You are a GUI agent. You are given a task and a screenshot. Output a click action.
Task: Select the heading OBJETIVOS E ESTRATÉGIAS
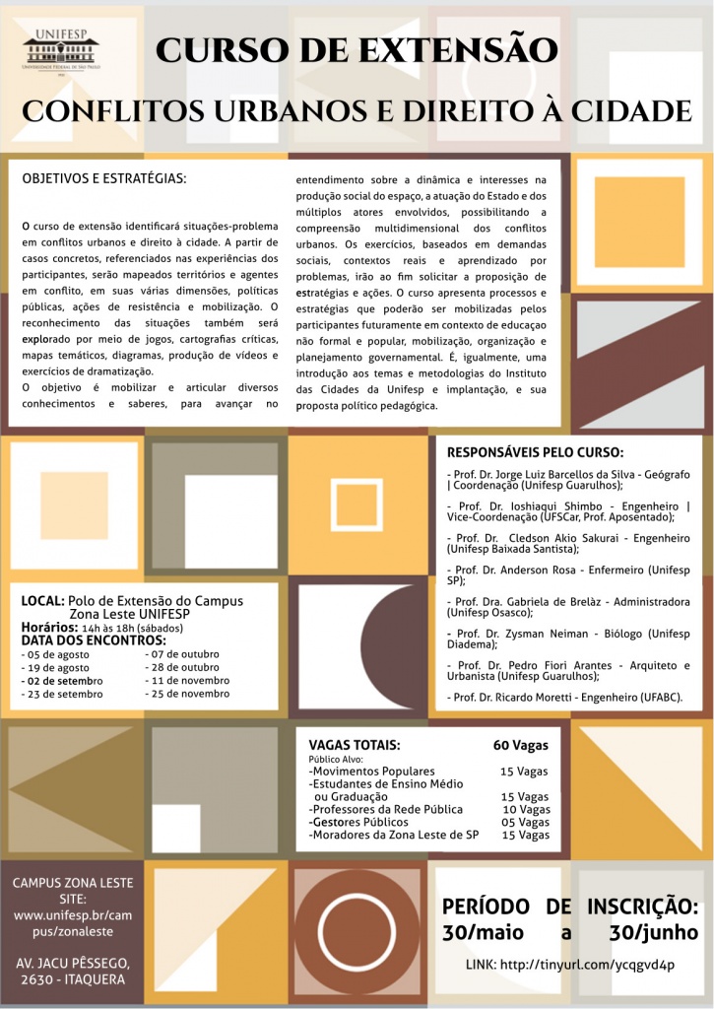point(104,179)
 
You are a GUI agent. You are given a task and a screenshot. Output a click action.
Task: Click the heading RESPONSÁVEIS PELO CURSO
point(535,453)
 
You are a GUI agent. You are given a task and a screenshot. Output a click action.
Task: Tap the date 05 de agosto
point(58,654)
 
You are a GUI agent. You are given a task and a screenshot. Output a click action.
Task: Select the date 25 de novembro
point(189,694)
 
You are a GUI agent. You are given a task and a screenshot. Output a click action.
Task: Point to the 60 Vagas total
point(520,745)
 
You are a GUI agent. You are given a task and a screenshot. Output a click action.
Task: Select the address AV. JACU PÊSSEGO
point(78,962)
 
